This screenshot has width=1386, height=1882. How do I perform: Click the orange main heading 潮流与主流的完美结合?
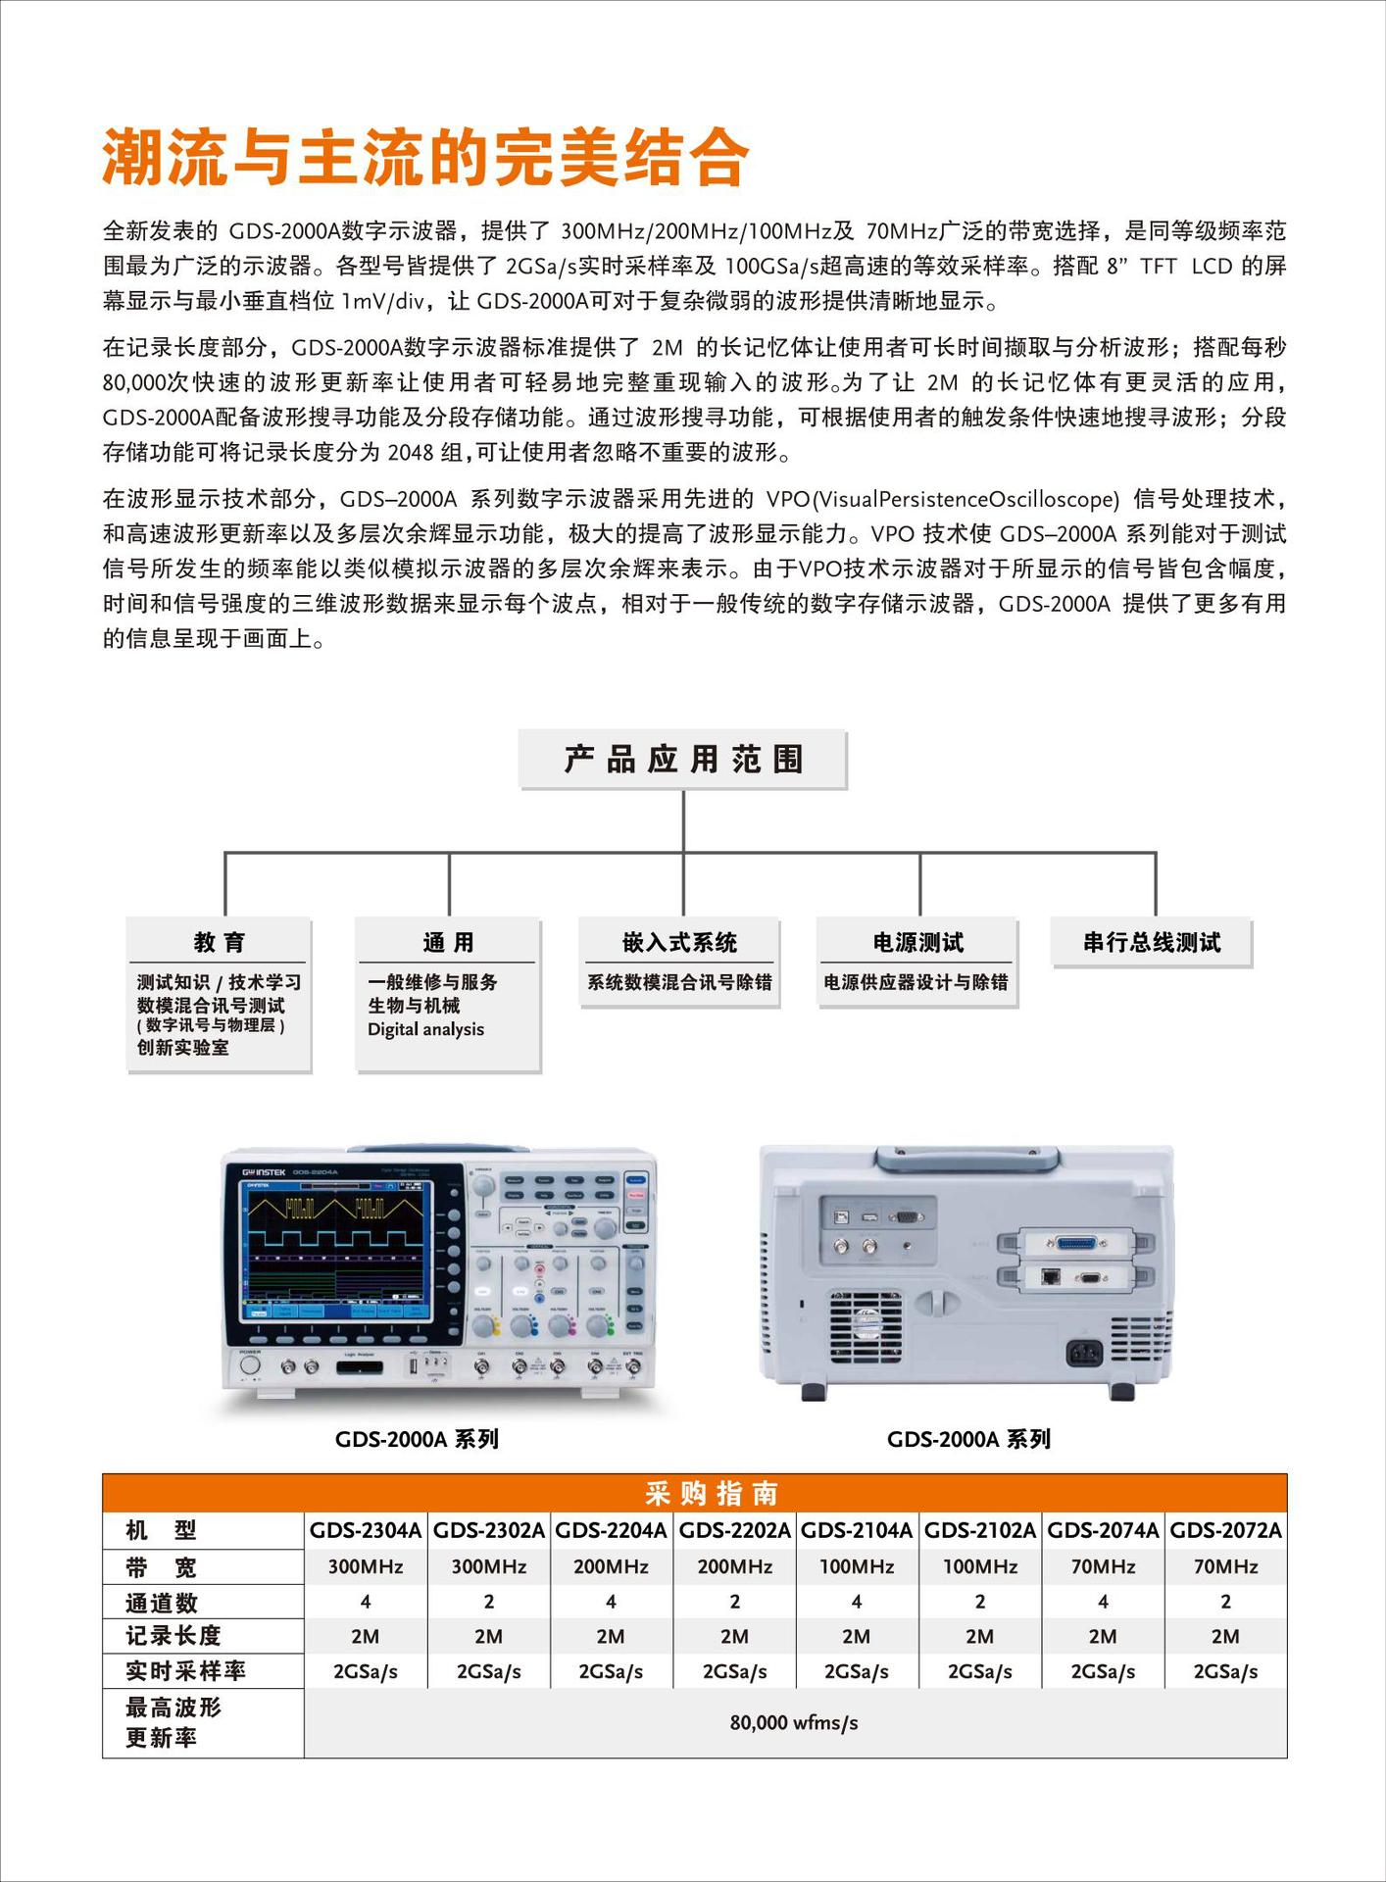pos(425,157)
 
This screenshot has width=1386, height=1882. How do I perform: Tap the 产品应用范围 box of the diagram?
pos(682,759)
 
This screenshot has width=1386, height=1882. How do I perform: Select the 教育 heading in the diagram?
pos(219,942)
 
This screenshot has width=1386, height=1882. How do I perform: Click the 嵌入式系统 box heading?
pos(679,942)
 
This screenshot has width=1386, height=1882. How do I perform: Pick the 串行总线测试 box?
pos(1151,942)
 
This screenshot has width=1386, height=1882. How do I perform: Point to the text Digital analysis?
pos(425,1029)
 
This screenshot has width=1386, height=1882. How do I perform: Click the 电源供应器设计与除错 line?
pos(916,982)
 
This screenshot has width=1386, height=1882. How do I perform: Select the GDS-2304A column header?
pos(366,1530)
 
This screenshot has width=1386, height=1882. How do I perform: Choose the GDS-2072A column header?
pos(1225,1530)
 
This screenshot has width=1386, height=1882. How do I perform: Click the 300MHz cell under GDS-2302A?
pos(488,1566)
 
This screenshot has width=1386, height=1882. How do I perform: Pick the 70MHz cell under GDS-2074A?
pos(1103,1566)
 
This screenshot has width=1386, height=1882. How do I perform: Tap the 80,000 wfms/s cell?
pos(793,1722)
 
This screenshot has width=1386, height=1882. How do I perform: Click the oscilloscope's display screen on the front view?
pos(336,1250)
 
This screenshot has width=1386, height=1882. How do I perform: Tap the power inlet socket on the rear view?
pos(1084,1354)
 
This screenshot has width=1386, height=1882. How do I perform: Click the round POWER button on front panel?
pos(250,1365)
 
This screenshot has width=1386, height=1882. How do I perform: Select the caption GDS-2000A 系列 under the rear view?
pos(967,1439)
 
